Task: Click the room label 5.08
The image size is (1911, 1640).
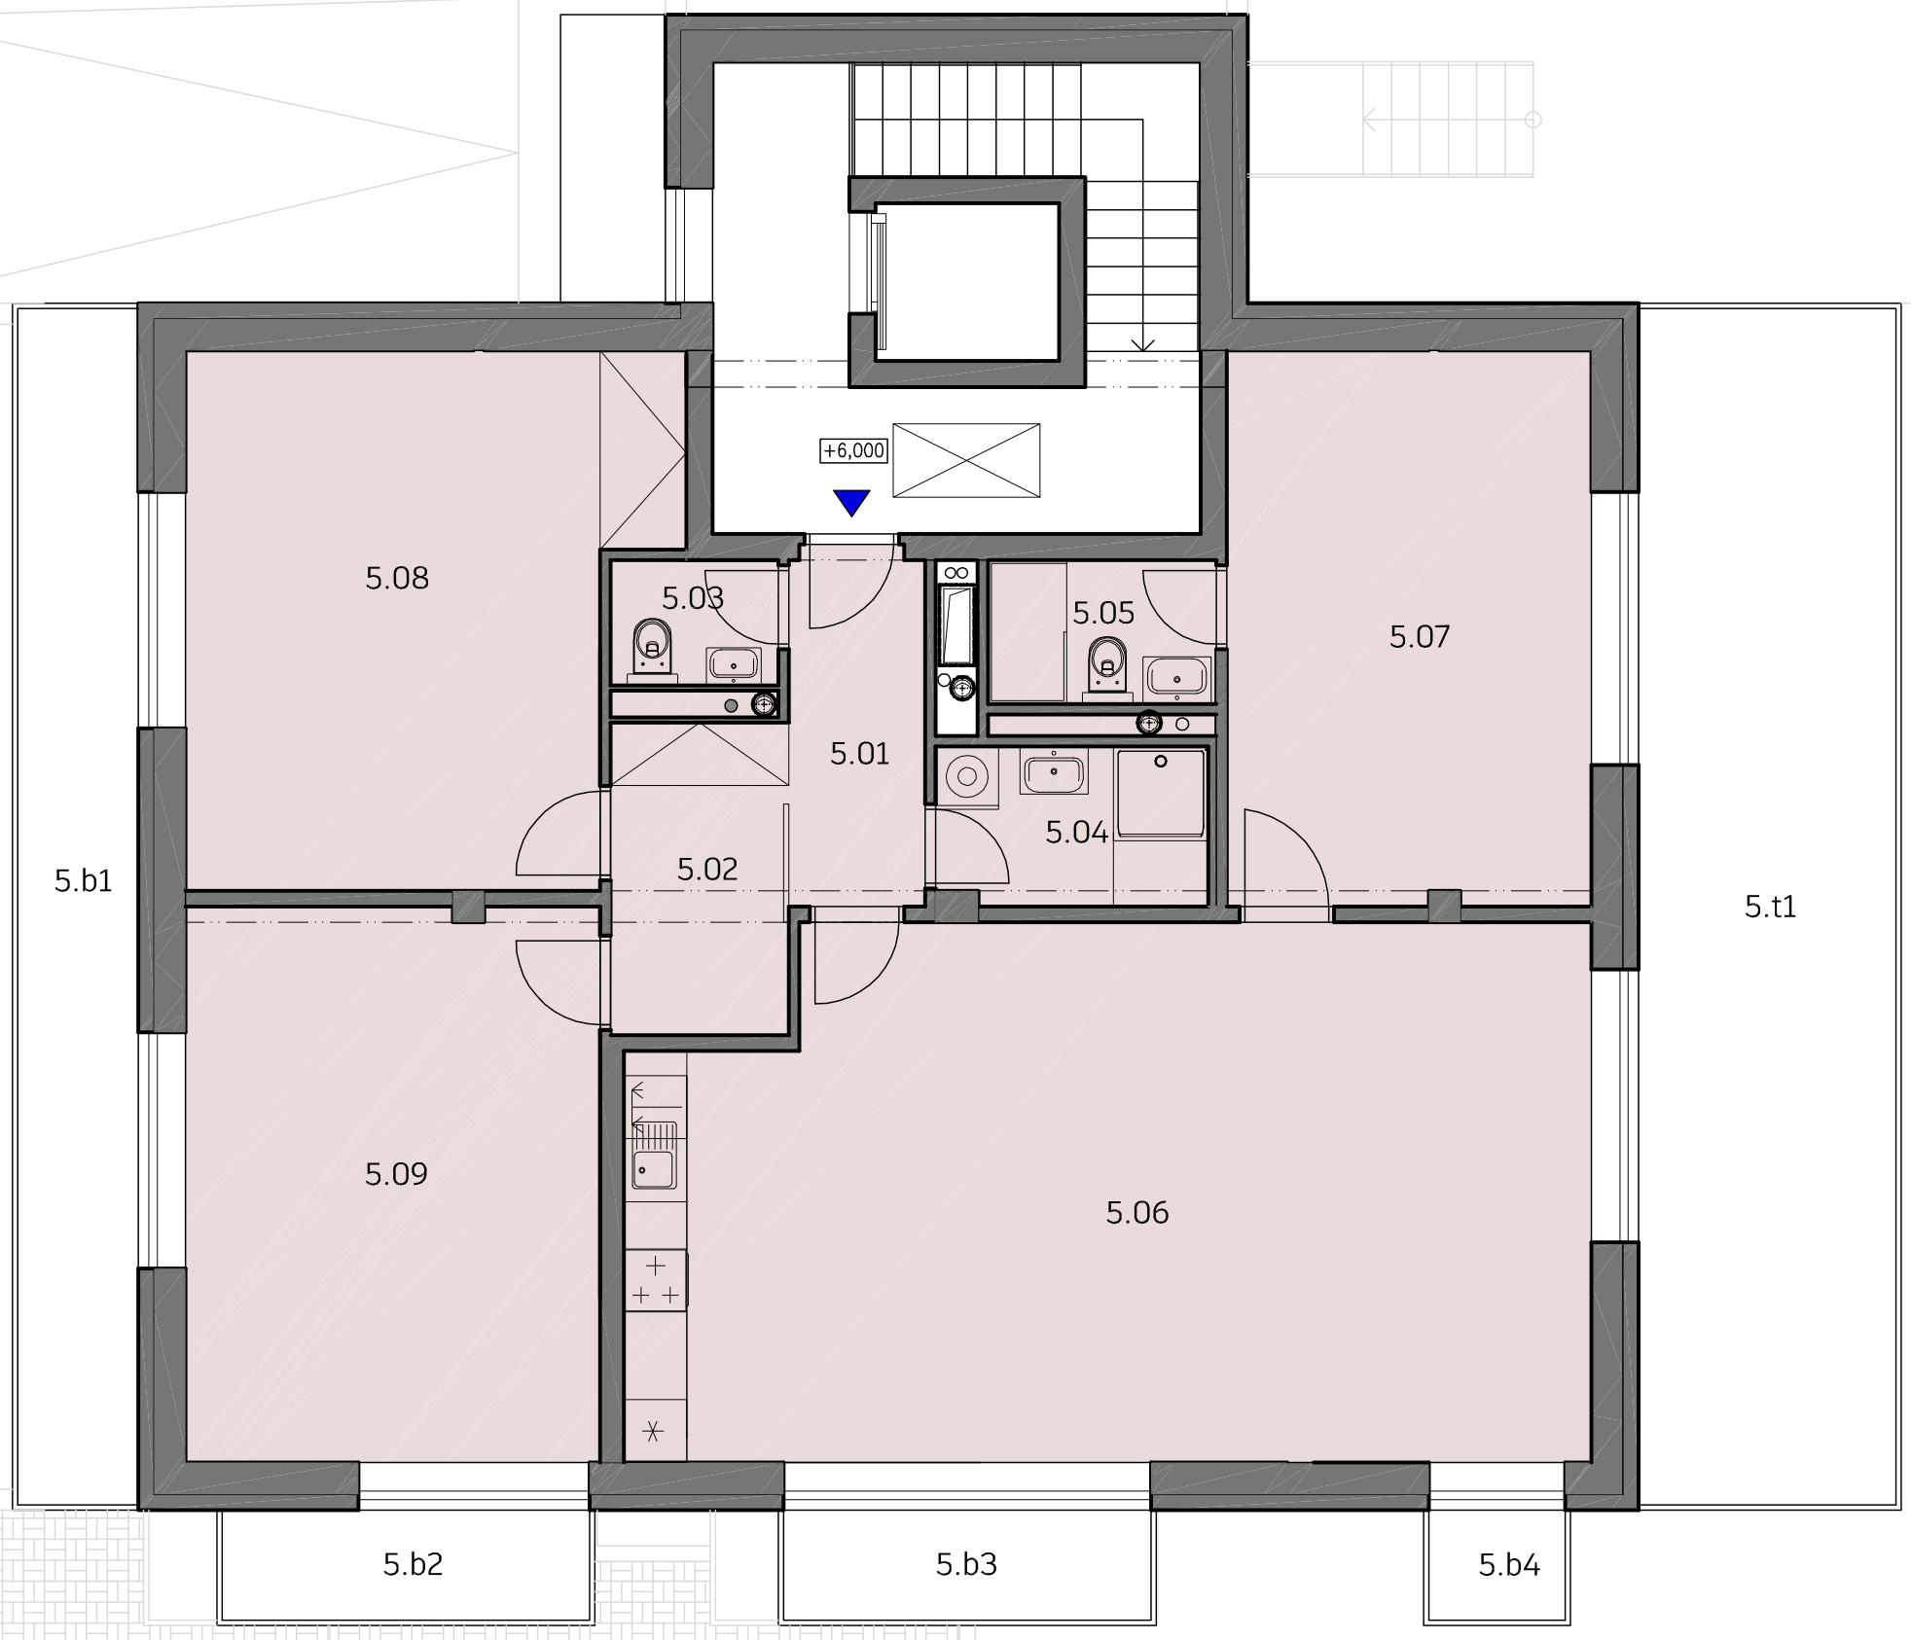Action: pos(397,579)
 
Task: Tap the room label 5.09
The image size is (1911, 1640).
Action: pos(397,1174)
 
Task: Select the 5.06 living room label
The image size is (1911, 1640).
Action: pos(1137,1212)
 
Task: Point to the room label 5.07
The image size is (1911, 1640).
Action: pos(1420,636)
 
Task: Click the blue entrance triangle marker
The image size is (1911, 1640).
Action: pos(851,502)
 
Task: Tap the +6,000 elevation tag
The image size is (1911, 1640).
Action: pos(854,451)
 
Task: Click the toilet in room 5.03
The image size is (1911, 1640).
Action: pos(652,648)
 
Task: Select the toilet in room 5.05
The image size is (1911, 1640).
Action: pos(1106,667)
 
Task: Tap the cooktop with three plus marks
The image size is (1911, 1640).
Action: pos(656,1279)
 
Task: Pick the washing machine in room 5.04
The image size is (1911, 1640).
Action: pos(967,776)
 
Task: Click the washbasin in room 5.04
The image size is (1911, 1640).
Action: pos(1053,774)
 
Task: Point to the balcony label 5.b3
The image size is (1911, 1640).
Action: pos(967,1564)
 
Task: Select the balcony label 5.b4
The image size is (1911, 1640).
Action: pos(1509,1565)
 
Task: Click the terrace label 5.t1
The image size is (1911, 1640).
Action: pos(1770,907)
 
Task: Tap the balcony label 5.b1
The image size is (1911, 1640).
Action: pos(84,881)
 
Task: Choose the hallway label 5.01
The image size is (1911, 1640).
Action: pos(860,753)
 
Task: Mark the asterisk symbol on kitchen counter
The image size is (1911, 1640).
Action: pos(654,1431)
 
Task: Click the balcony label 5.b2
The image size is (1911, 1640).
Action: pos(414,1564)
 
